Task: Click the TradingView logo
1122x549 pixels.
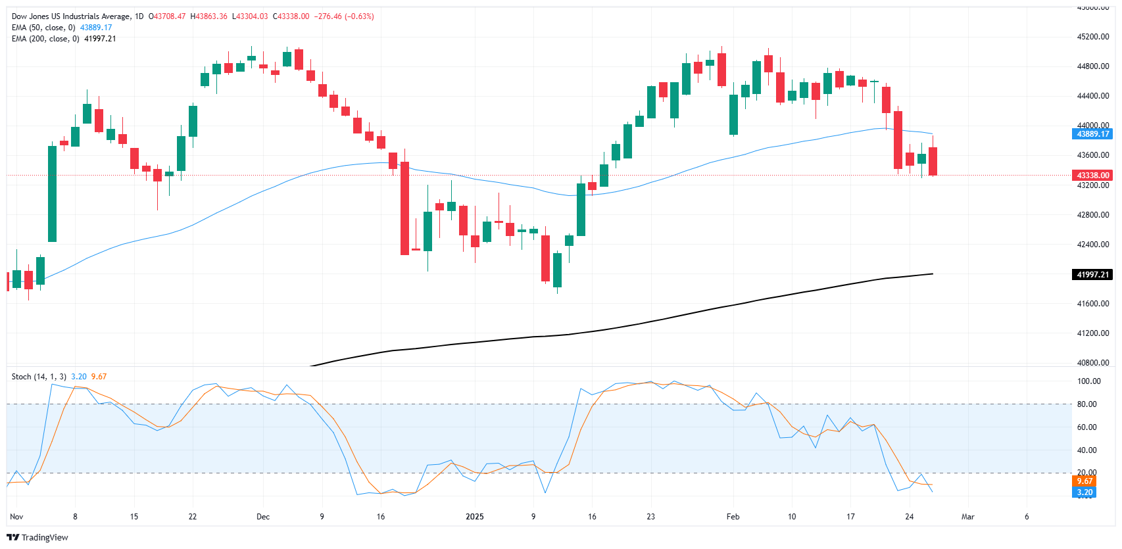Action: pos(37,537)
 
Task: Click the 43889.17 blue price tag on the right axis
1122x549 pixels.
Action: pos(1092,134)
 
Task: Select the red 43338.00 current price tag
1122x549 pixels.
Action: pos(1092,176)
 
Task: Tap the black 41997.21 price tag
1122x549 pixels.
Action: pos(1092,275)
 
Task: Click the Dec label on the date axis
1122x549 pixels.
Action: pos(263,517)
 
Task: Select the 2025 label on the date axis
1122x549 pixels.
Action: pos(474,517)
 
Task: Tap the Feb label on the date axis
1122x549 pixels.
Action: pos(733,517)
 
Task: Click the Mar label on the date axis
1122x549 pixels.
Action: pos(967,517)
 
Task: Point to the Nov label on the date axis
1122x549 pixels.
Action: pos(16,517)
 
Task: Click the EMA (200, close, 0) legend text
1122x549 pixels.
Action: pos(45,39)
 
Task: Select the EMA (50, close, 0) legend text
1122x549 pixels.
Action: pos(43,28)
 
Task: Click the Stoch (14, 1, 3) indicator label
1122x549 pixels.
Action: pos(39,377)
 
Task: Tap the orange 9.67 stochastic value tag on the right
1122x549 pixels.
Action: pos(1084,481)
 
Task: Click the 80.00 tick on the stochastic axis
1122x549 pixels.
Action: pos(1086,404)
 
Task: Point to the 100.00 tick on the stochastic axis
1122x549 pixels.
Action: pos(1088,381)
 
